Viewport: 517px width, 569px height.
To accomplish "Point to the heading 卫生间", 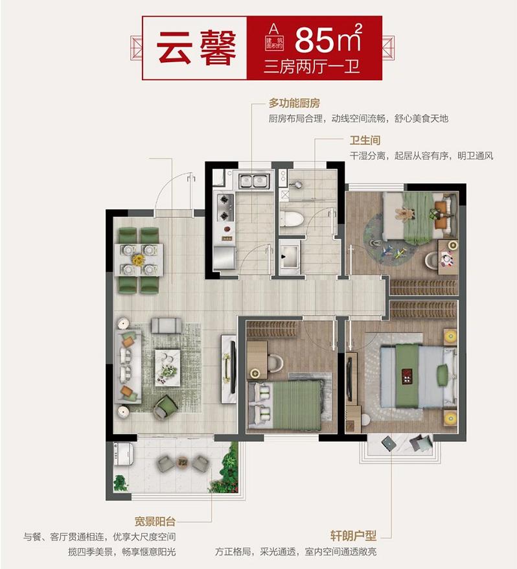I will pyautogui.click(x=364, y=141).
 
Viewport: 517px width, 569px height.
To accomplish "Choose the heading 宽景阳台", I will pyautogui.click(x=155, y=521).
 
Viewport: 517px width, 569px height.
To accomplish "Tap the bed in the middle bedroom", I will pyautogui.click(x=285, y=405).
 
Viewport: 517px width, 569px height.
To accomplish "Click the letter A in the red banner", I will pyautogui.click(x=274, y=28).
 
